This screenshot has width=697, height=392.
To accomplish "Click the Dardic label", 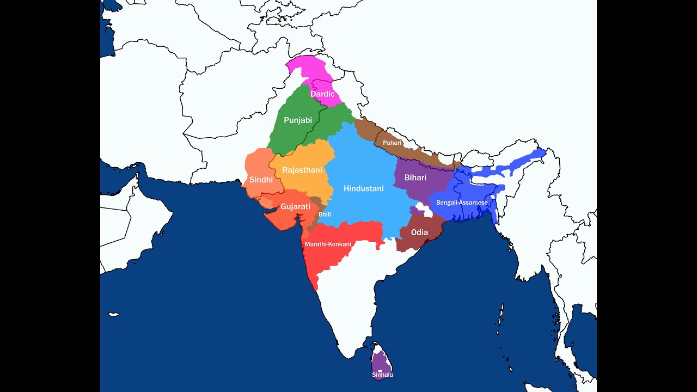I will pos(322,94).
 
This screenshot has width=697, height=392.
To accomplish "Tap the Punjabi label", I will pos(298,120).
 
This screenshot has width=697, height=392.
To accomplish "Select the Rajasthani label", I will pos(302,170).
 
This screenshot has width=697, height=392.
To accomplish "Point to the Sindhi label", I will pos(261,180).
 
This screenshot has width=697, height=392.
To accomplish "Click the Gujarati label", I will pos(295,207).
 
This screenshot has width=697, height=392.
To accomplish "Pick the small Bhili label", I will pos(325,215).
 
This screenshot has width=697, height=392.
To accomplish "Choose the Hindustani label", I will pos(364,189).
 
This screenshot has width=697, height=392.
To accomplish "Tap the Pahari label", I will pos(392,143).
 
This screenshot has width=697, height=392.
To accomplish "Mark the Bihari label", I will pos(415,177).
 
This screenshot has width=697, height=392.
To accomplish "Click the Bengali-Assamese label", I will pos(462,203).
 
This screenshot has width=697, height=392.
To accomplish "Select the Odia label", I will pos(419,232).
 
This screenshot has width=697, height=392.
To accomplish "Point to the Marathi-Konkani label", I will pos(328,244).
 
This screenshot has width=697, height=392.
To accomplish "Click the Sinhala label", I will pos(382,375).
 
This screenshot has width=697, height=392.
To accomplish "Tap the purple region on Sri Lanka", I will pos(382,362).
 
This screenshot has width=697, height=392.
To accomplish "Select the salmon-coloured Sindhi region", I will pos(256,163).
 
